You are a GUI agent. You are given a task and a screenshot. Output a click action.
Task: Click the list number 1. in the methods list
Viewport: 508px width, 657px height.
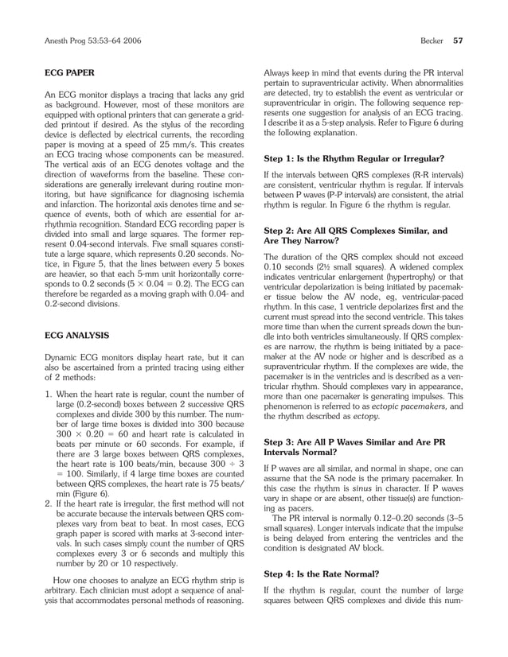(x=48, y=393)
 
